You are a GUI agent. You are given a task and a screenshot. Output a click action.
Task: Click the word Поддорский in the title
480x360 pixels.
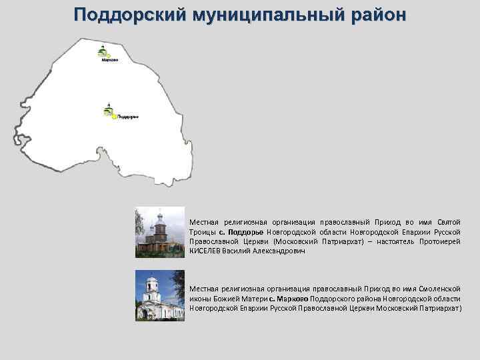121,15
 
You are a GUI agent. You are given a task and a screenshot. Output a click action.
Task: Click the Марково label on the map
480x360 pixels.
110,61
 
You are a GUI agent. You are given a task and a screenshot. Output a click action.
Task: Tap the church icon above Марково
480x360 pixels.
103,51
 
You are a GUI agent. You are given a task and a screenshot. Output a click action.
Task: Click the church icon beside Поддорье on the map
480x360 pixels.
108,109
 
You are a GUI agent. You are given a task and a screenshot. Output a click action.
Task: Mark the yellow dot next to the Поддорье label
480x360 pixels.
114,117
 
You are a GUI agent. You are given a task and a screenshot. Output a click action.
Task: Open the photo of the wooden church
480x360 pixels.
159,232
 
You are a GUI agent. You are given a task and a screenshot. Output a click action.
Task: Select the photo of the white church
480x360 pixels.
159,295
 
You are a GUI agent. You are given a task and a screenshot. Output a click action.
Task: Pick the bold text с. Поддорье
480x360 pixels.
241,232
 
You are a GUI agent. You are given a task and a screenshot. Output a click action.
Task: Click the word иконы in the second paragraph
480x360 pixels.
201,299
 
